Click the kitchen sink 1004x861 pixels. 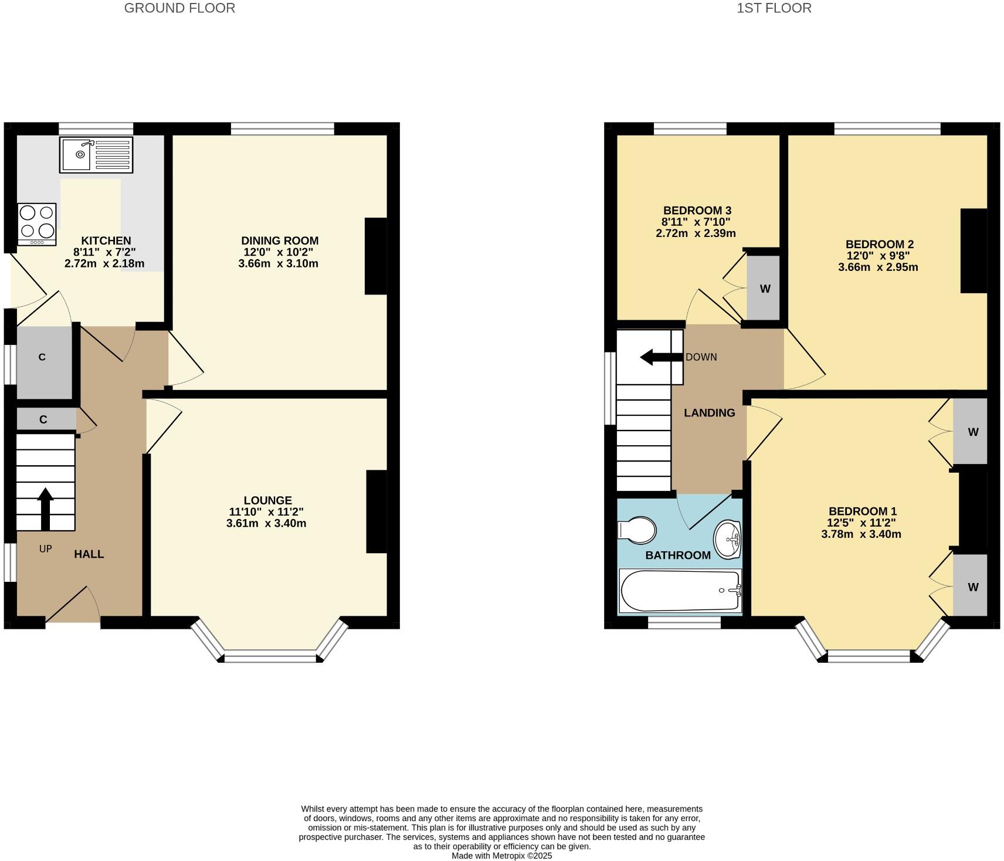tap(96, 155)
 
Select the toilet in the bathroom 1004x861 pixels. tap(638, 530)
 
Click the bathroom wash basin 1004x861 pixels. tap(727, 538)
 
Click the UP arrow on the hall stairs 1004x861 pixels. tap(45, 508)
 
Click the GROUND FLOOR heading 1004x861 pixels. tap(179, 8)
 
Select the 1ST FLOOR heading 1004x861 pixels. tap(774, 8)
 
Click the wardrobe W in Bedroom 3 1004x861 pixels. tap(764, 289)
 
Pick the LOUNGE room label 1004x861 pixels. tap(267, 500)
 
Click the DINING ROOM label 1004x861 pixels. tap(280, 240)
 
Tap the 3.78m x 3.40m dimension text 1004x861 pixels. tap(861, 534)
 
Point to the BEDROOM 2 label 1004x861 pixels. tap(879, 244)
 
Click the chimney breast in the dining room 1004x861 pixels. tap(375, 256)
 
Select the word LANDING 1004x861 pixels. tap(709, 413)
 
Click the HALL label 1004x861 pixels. tap(89, 554)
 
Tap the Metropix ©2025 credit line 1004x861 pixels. tap(501, 856)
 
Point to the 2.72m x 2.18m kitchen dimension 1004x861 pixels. tap(104, 263)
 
